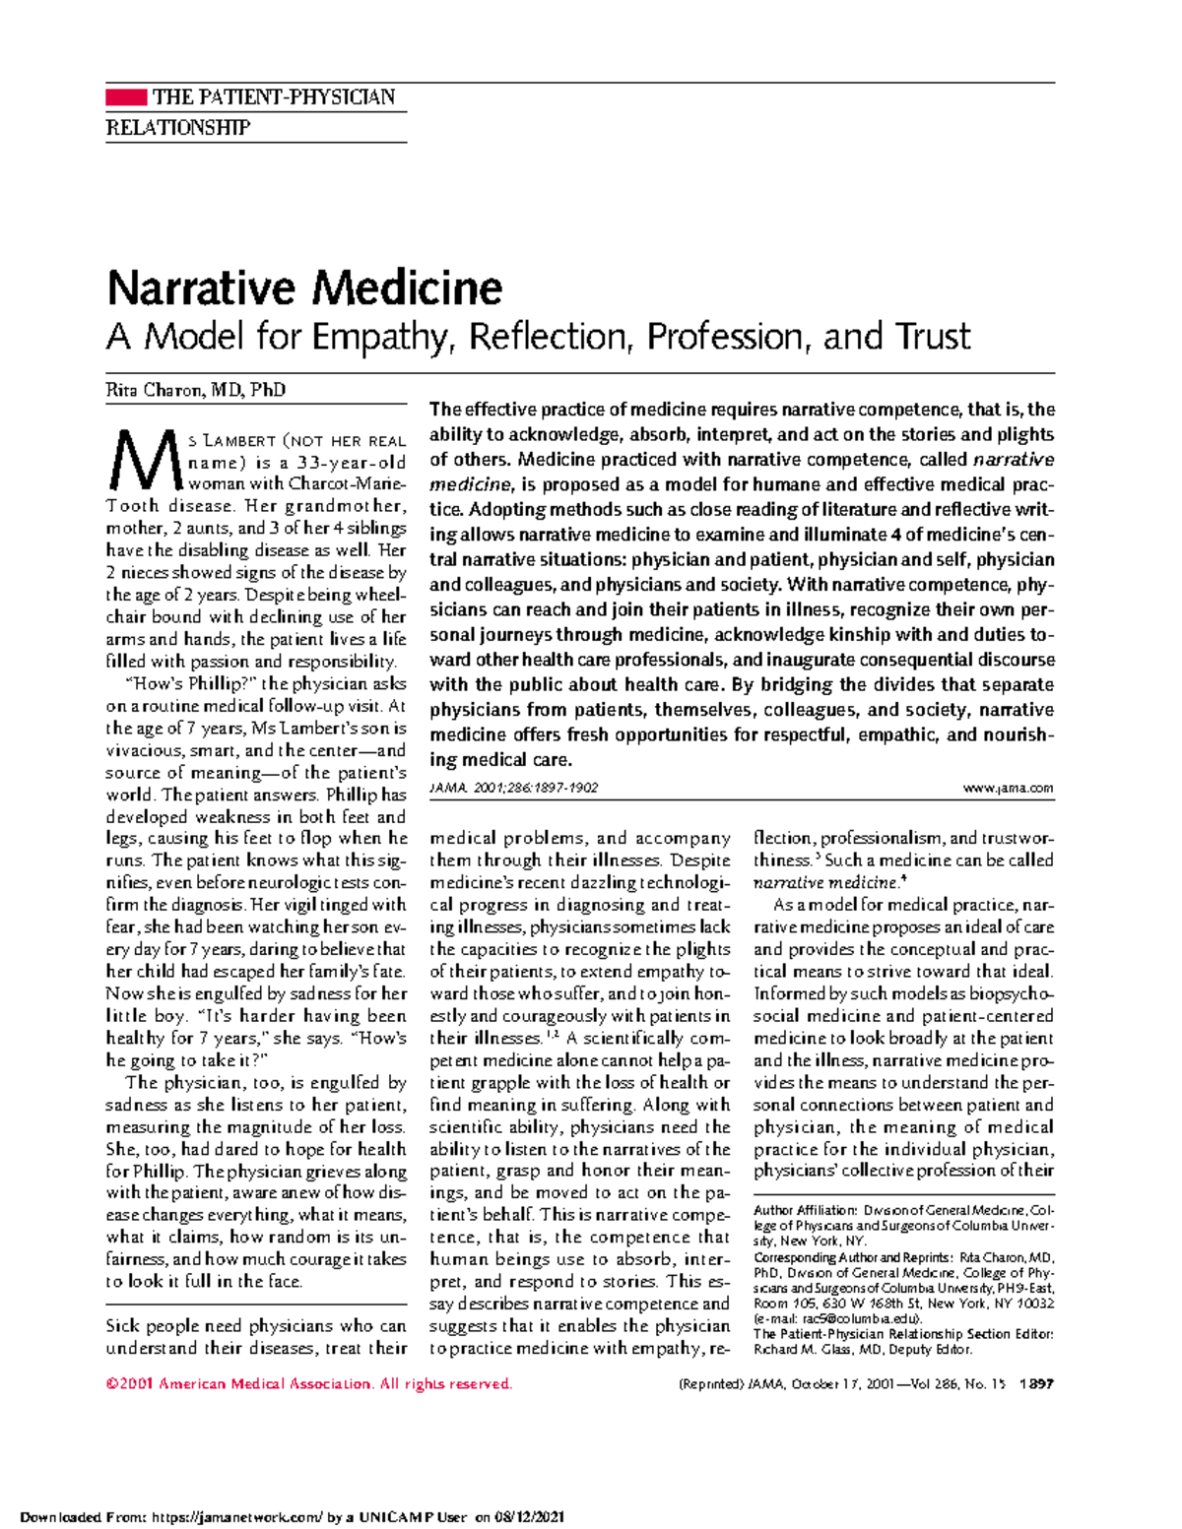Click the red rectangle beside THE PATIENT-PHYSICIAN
(x=125, y=96)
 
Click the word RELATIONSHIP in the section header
(x=177, y=128)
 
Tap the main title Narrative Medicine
(x=304, y=288)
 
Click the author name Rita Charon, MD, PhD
(x=195, y=390)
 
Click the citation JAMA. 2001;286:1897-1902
(x=513, y=788)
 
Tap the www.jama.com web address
(x=1011, y=788)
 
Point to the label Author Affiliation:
(x=805, y=1210)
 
